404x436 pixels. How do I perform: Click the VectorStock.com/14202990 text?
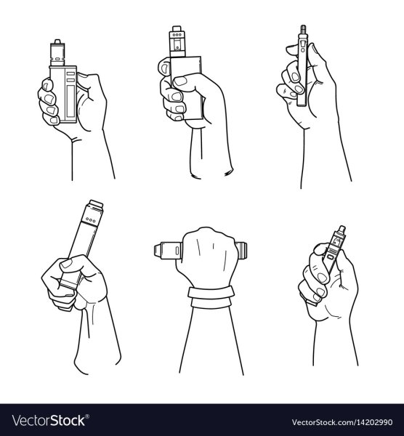coord(342,422)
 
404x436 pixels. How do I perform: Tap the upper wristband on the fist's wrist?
coord(211,293)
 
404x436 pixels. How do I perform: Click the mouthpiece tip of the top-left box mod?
coord(57,41)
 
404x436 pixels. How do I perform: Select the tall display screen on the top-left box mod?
coord(70,101)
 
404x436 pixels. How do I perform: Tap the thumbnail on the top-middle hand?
coord(180,81)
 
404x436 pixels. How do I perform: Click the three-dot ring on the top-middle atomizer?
coord(177,35)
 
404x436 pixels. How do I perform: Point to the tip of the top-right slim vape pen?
coord(303,28)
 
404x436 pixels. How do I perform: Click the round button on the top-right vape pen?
coord(302,50)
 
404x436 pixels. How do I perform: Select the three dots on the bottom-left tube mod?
coord(90,219)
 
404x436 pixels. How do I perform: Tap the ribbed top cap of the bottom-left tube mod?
coord(96,205)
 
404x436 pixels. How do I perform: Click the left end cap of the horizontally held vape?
coord(158,250)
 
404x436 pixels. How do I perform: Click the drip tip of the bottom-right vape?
coord(342,229)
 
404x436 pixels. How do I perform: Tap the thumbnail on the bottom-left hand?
coord(66,263)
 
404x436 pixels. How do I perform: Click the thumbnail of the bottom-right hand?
coord(321,278)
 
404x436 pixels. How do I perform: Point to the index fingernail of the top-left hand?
coord(48,85)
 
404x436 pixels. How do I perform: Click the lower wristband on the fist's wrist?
coord(211,303)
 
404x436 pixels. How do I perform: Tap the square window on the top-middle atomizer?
coord(177,44)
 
